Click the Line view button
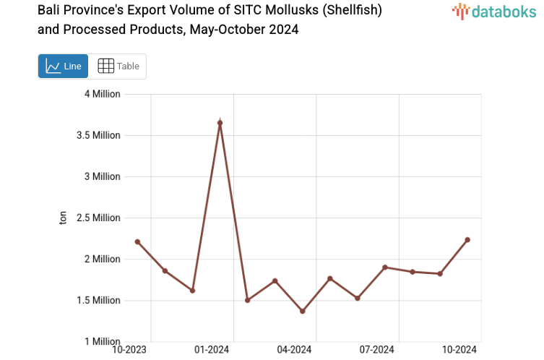pos(63,66)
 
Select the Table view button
pos(118,66)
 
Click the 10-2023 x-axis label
pos(129,350)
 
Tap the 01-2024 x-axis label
pos(212,350)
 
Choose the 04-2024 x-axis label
pos(294,350)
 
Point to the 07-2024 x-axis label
pos(377,350)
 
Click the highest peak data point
pos(220,123)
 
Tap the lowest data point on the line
pos(303,312)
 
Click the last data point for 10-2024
pos(467,240)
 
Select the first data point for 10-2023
pos(137,241)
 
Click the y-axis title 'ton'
pos(63,218)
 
